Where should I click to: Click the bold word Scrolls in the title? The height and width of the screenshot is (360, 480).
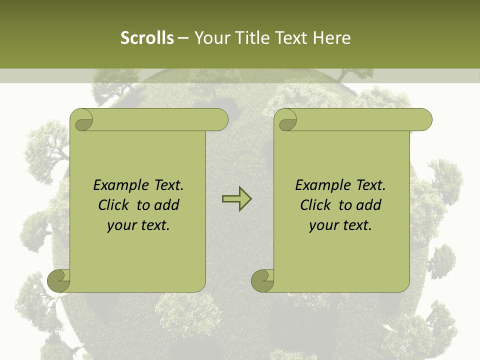[147, 37]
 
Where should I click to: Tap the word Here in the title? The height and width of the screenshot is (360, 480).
[331, 37]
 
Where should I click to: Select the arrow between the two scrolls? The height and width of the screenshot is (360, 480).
[236, 199]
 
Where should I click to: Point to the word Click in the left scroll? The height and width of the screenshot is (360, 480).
[114, 205]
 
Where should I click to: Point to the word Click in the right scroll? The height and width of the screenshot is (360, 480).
[316, 205]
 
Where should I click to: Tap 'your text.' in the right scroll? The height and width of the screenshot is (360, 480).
[340, 225]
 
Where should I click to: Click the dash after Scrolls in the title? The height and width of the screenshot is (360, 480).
[183, 38]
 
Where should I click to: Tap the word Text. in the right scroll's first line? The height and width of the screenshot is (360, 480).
[370, 185]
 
